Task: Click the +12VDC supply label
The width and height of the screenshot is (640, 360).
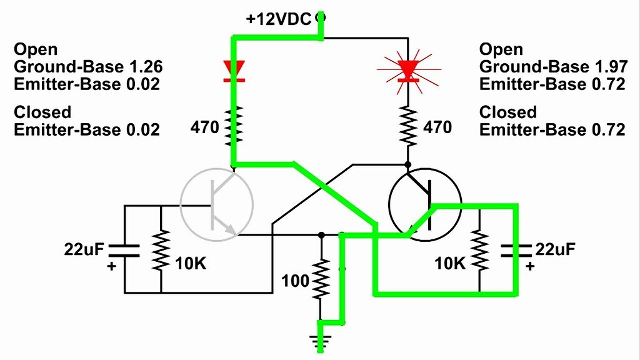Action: (x=278, y=19)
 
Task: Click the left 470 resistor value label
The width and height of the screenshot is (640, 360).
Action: (x=206, y=128)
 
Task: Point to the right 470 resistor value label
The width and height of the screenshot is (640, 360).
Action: (x=437, y=127)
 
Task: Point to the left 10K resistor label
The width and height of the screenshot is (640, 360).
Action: (x=191, y=264)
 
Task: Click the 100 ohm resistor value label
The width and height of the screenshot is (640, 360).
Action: (x=296, y=281)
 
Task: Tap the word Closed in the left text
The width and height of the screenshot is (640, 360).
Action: (x=42, y=112)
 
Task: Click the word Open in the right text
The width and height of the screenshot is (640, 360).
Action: (x=501, y=49)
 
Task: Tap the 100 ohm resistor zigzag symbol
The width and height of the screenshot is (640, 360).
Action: (x=321, y=279)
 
